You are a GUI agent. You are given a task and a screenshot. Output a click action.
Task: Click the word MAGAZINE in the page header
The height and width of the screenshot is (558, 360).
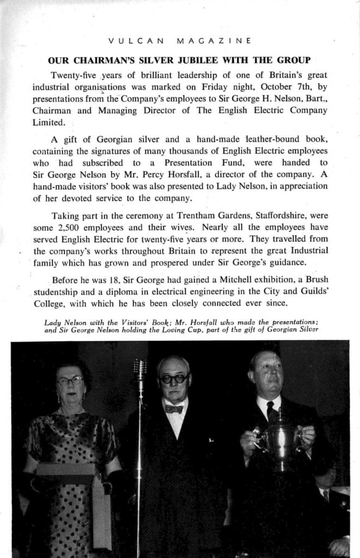coord(214,40)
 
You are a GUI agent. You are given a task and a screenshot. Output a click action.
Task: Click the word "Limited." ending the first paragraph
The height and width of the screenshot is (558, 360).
coord(49,123)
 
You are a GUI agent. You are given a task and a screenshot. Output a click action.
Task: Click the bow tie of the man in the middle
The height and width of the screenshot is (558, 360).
coord(174,409)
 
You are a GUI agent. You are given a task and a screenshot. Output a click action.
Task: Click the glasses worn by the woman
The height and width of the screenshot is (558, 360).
coord(69,380)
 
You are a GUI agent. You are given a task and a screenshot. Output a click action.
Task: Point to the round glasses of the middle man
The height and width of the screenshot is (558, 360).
coord(173,378)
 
